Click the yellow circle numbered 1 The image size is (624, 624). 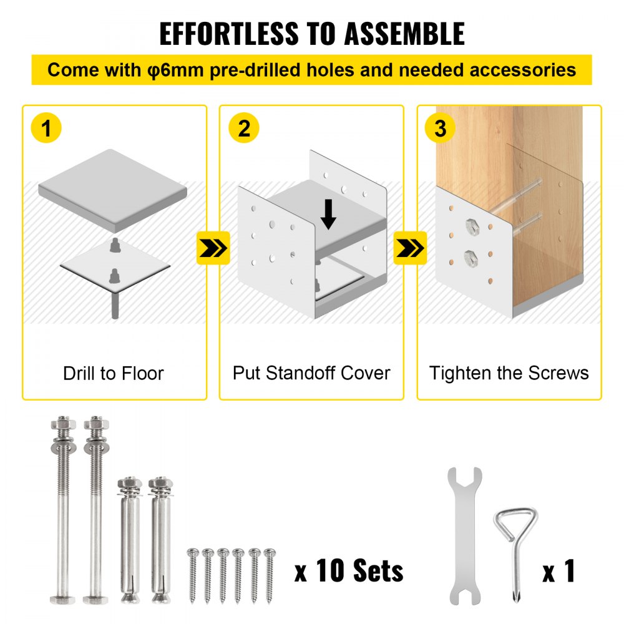pyautogui.click(x=46, y=129)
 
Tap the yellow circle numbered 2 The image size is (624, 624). pyautogui.click(x=244, y=129)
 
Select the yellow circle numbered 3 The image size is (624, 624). pyautogui.click(x=441, y=129)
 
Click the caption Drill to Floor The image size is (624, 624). pyautogui.click(x=114, y=374)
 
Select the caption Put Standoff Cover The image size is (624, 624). pyautogui.click(x=311, y=373)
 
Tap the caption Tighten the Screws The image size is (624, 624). pyautogui.click(x=509, y=373)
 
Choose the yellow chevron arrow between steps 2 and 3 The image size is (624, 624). pyautogui.click(x=410, y=248)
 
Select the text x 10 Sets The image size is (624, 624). pyautogui.click(x=349, y=570)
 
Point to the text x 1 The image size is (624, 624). pyautogui.click(x=558, y=570)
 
